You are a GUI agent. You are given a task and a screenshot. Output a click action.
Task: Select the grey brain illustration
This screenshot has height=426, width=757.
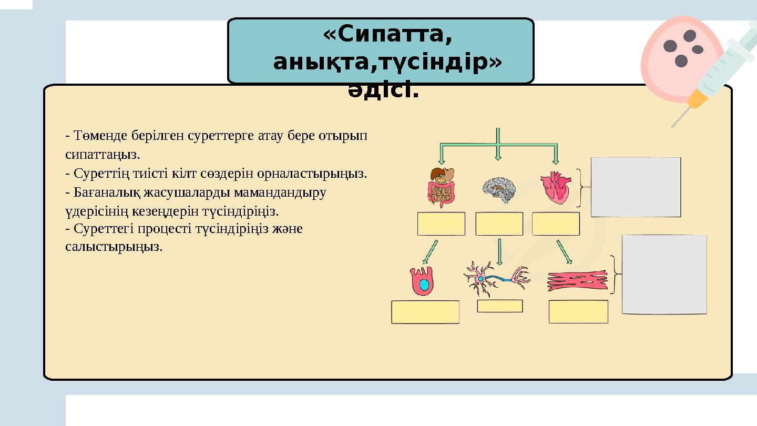(499, 190)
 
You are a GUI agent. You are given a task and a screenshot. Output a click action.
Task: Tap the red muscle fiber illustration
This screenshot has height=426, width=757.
(577, 281)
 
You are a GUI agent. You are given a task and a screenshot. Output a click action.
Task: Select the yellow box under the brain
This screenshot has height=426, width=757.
(499, 224)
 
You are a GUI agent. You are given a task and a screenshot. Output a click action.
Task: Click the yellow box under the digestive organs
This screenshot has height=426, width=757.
(441, 224)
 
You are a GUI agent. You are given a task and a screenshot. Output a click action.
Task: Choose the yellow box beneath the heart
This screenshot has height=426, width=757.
(556, 224)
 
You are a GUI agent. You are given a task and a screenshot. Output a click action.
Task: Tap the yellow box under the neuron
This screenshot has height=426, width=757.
(499, 306)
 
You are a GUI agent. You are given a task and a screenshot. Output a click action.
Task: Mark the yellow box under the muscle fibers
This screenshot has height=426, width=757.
(578, 312)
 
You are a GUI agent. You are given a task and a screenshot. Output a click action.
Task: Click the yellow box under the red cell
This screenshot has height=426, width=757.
(425, 312)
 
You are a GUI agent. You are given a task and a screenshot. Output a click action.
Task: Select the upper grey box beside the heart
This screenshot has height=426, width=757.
(636, 187)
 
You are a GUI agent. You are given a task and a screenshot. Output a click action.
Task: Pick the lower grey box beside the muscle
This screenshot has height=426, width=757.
(664, 274)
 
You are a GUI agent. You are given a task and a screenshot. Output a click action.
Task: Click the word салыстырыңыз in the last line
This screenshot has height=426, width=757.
(114, 247)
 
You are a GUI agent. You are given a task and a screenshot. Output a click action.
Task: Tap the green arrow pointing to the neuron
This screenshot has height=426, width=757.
(499, 251)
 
